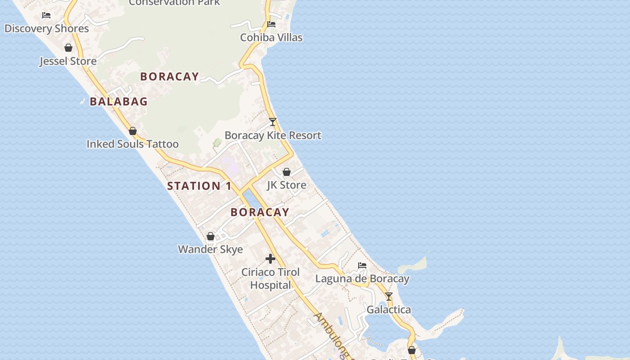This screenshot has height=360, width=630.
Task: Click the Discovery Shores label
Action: point(47,29)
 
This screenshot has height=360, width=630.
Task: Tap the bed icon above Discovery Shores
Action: point(46,15)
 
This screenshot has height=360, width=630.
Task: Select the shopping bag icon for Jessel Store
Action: point(68,48)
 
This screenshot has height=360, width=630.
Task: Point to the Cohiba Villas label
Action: point(271,37)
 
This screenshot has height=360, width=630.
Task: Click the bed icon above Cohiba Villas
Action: point(271,24)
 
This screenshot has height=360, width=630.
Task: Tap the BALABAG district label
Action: point(119,102)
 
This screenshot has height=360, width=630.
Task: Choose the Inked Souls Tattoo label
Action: point(133,144)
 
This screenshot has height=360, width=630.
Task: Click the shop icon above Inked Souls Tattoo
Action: point(133,131)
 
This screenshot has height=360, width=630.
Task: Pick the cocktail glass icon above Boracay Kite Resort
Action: point(273,122)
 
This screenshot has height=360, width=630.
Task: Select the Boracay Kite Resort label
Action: point(273,135)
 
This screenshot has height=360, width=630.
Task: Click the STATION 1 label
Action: point(199,186)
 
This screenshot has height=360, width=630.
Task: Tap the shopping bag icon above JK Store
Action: point(287,172)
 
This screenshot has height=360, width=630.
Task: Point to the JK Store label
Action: point(287,185)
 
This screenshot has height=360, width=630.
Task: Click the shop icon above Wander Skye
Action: point(211,236)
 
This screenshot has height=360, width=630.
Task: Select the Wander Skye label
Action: point(211,249)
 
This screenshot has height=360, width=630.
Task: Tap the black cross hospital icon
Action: point(270,259)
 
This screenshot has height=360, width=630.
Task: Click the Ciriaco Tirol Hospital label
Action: point(270,279)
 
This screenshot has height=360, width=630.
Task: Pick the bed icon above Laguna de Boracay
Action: point(362,265)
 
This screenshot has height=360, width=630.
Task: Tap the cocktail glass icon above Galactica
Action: point(389,297)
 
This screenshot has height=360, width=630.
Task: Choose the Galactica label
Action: point(389,310)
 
